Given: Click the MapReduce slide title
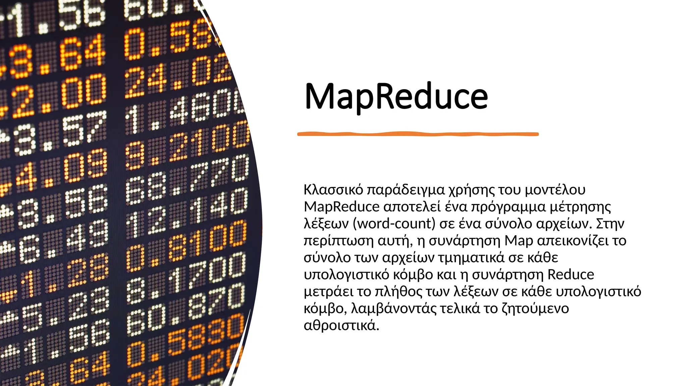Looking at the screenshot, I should [396, 96].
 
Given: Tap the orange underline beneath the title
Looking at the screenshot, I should [418, 134].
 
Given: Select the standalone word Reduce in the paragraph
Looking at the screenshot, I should [571, 274].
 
